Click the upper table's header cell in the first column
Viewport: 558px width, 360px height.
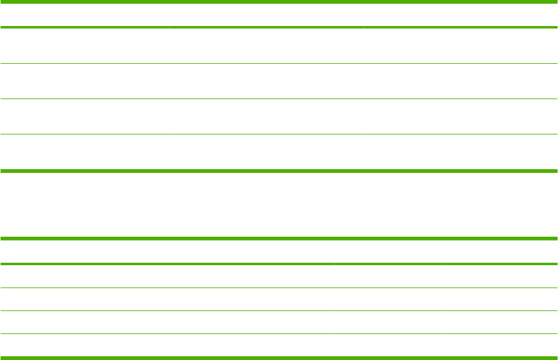tap(85, 15)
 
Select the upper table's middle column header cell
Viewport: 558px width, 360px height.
tap(266, 15)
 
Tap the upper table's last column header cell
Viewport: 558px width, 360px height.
tap(460, 15)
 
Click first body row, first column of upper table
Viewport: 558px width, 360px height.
tap(85, 46)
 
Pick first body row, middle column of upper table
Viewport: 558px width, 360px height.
tap(266, 46)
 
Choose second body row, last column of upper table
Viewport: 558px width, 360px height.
tap(460, 81)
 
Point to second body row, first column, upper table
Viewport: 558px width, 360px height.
tap(85, 81)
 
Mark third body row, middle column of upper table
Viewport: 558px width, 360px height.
tap(266, 116)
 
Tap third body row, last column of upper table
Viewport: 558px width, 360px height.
tap(460, 116)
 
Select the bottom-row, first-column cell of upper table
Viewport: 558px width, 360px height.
tap(85, 152)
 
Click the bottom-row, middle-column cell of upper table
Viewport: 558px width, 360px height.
tap(266, 152)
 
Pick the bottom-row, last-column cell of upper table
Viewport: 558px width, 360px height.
tap(460, 152)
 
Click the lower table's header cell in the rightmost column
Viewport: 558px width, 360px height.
tap(501, 252)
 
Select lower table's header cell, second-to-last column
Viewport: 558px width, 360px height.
tap(390, 252)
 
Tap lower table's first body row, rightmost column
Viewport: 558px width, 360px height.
tap(501, 276)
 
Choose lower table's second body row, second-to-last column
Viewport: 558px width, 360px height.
tap(390, 299)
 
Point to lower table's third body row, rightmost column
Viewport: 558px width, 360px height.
tap(501, 322)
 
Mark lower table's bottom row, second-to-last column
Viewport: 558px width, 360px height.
tap(390, 346)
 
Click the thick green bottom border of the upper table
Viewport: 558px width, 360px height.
tap(279, 170)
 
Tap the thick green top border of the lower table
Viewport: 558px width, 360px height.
tap(279, 239)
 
